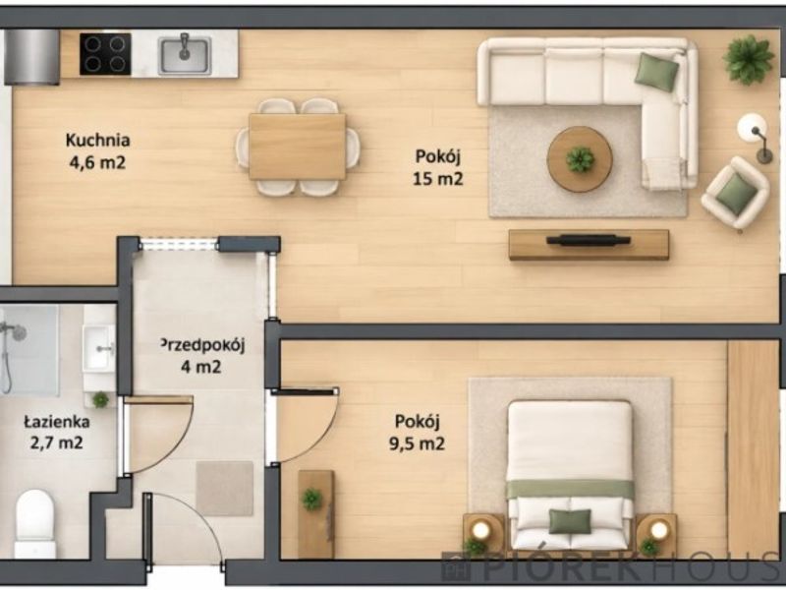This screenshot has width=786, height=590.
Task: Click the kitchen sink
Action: tap(185, 55)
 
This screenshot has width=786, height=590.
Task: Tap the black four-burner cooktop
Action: tap(105, 54)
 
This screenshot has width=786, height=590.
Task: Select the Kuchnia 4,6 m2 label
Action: tap(97, 151)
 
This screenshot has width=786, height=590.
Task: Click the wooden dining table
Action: tap(298, 147)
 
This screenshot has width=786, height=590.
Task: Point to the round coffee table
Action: tap(580, 159)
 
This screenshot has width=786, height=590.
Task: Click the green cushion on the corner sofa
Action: tap(656, 72)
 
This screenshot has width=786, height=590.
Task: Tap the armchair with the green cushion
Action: tap(735, 193)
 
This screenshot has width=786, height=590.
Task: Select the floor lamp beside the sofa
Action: tap(755, 136)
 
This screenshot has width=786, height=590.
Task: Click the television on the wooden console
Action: tap(589, 240)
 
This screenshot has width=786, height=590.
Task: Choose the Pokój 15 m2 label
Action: tap(437, 167)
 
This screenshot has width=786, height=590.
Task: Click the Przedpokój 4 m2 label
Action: tap(201, 356)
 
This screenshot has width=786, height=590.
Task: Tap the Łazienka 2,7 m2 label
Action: tap(57, 433)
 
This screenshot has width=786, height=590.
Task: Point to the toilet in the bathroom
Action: tap(34, 523)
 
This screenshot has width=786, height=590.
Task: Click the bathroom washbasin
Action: tap(99, 348)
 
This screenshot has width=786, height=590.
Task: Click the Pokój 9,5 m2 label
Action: tap(417, 433)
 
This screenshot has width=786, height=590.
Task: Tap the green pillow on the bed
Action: tap(570, 521)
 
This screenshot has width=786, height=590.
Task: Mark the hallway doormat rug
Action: tap(225, 489)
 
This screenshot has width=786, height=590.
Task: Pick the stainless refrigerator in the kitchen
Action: tap(32, 56)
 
